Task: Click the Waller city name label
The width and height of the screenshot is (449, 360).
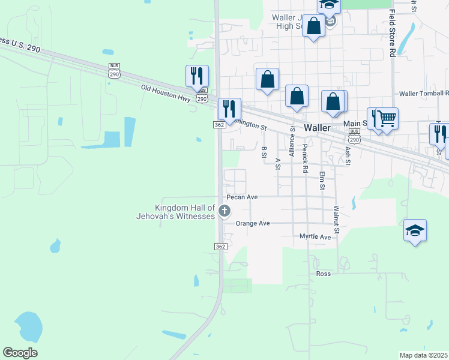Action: (x=317, y=128)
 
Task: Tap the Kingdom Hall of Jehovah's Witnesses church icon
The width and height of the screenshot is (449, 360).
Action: (x=224, y=210)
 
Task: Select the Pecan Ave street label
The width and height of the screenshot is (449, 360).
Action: (x=242, y=197)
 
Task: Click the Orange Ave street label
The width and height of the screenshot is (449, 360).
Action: (x=253, y=223)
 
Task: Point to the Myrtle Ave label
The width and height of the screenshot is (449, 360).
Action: (x=315, y=237)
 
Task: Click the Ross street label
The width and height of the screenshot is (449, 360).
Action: (x=324, y=274)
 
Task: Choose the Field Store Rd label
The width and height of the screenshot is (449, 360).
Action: (x=391, y=33)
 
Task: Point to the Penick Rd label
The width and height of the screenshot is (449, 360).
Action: (x=306, y=158)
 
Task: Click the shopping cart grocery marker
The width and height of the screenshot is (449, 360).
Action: (x=387, y=118)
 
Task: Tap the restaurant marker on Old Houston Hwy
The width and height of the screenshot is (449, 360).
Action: (x=197, y=76)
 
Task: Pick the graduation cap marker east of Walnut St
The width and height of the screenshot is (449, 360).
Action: (x=415, y=231)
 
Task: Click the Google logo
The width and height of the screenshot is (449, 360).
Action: (x=20, y=353)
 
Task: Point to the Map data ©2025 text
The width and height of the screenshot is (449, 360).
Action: (x=423, y=355)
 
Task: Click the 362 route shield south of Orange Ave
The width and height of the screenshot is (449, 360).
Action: (x=220, y=247)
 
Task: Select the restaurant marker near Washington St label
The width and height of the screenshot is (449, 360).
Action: (x=229, y=109)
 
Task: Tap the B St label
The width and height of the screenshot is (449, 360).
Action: (x=264, y=152)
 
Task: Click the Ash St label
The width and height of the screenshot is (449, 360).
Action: (x=348, y=157)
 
